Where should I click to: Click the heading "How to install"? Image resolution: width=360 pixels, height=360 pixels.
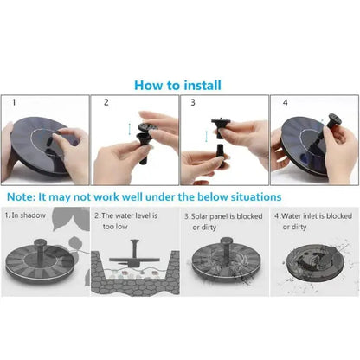click(177, 86)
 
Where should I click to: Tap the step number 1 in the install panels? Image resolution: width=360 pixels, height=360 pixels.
click(14, 102)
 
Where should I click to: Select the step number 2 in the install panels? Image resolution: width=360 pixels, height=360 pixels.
click(106, 102)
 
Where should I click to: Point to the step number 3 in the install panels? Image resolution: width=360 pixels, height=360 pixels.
click(193, 102)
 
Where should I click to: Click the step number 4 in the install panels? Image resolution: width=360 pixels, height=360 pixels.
click(285, 102)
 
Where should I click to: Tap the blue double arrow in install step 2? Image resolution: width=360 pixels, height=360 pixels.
click(130, 129)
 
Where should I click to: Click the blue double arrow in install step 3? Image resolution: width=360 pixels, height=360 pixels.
click(206, 136)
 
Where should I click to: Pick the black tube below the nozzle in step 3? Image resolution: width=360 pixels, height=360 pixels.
click(222, 155)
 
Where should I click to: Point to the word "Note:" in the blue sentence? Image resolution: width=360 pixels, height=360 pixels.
click(21, 197)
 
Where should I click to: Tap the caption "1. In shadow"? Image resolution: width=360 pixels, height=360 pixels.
click(25, 215)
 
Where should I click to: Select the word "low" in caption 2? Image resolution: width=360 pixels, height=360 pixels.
click(122, 227)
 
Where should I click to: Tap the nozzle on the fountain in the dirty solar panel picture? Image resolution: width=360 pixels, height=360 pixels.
click(226, 247)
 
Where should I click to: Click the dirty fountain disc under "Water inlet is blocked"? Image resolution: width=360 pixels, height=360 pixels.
click(315, 261)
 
